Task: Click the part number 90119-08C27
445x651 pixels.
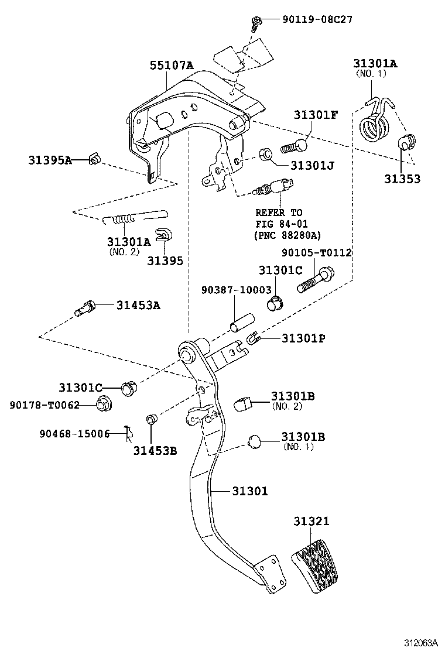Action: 317,19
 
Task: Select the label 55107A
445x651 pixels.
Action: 172,65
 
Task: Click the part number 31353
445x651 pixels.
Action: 402,179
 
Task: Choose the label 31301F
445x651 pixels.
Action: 316,115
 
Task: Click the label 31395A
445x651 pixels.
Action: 50,160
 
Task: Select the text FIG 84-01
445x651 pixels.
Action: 282,224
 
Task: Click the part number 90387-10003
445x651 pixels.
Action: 236,290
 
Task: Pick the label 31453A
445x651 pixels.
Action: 138,305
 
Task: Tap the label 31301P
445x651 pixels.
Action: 303,338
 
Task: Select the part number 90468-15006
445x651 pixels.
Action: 75,434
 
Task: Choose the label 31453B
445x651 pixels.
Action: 155,450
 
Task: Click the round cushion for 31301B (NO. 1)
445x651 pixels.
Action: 255,441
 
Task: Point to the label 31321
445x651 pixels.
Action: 311,521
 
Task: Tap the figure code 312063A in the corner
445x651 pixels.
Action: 422,642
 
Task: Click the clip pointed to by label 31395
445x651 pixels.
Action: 163,235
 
